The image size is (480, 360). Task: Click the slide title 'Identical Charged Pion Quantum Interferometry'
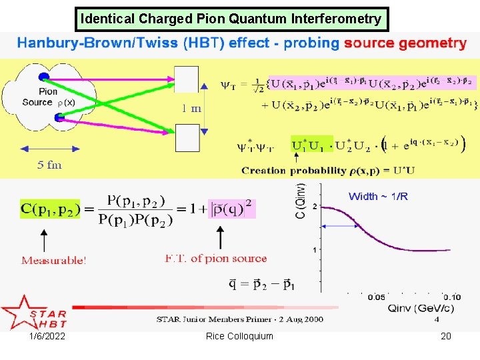click(x=231, y=19)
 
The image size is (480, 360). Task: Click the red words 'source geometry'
click(x=405, y=44)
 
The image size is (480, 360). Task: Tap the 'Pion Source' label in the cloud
click(x=39, y=97)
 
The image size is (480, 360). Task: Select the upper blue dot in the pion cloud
click(x=44, y=76)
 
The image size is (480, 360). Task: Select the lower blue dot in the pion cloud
click(x=60, y=118)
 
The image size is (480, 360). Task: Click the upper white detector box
click(x=187, y=79)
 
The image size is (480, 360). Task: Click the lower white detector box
click(x=187, y=139)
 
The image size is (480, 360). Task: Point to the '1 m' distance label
click(x=192, y=109)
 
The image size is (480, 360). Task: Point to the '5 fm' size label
click(x=49, y=165)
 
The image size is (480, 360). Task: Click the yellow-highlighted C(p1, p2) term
click(x=48, y=209)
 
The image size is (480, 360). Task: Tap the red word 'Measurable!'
click(x=53, y=260)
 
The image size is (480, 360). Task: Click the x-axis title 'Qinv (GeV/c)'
click(x=415, y=308)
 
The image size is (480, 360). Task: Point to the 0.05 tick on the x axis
click(x=376, y=297)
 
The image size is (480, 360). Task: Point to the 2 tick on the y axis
click(x=315, y=206)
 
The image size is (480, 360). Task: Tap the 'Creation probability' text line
click(x=328, y=171)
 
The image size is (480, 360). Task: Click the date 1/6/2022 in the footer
click(x=47, y=336)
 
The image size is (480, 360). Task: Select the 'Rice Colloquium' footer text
click(x=239, y=336)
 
